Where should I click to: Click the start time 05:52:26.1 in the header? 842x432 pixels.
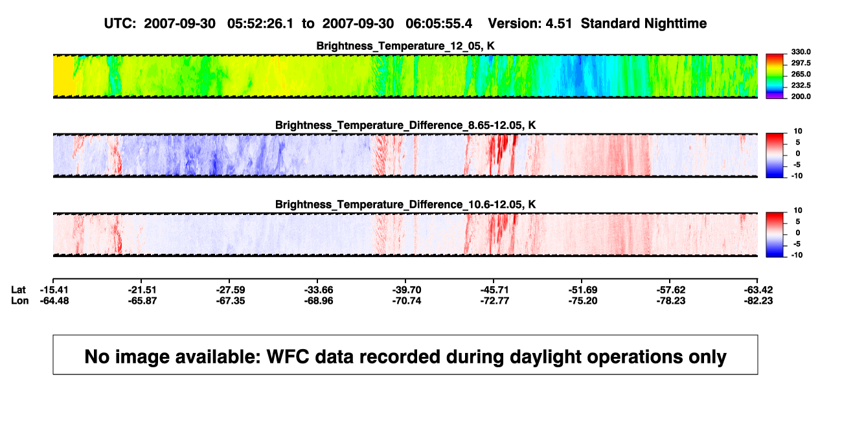coord(260,23)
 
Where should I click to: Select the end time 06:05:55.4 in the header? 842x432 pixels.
coord(438,23)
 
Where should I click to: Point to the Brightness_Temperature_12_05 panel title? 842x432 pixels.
coord(405,46)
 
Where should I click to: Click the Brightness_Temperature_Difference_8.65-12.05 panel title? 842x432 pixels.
coord(405,125)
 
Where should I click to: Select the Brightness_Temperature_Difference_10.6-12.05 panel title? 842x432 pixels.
coord(405,205)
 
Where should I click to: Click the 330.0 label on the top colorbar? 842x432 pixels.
coord(801,52)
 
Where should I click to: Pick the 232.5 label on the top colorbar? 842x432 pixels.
coord(801,85)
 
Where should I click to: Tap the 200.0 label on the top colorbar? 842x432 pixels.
coord(801,97)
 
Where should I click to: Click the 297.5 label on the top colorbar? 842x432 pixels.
coord(801,63)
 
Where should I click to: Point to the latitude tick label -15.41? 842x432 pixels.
coord(54,290)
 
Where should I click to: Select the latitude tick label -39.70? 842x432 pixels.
coord(407,290)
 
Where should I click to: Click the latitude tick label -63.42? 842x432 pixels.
coord(758,290)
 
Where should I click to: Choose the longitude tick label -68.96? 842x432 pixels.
coord(319,301)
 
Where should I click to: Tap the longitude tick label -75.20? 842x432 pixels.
coord(583,301)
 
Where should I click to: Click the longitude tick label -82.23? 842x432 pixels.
coord(758,301)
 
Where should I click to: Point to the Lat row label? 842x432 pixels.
coord(18,290)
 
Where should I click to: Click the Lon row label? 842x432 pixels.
coord(19,301)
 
